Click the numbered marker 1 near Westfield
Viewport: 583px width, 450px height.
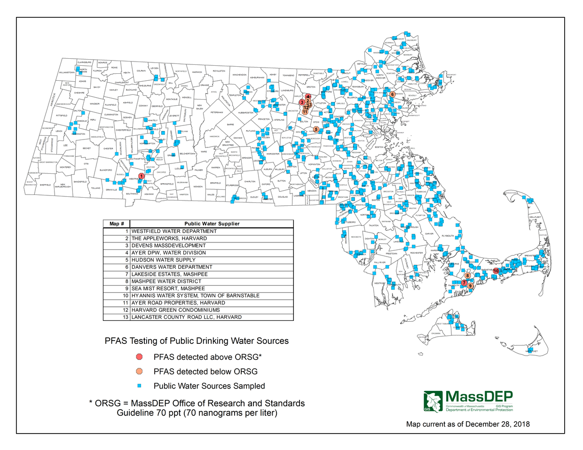click(x=142, y=176)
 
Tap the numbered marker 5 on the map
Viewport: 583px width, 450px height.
click(x=316, y=129)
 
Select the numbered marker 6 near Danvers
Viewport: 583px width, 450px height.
click(x=392, y=94)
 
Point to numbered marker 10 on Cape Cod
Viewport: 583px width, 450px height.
click(x=496, y=271)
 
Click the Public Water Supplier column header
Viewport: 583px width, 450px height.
click(x=212, y=224)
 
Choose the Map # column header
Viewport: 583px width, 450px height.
click(x=117, y=224)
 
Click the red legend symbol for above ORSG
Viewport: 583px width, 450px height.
click(x=139, y=357)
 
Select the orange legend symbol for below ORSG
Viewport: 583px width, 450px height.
click(x=139, y=372)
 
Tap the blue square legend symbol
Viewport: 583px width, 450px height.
click(x=139, y=386)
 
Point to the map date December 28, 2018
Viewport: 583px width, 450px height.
click(x=468, y=424)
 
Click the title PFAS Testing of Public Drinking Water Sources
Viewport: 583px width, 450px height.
click(x=197, y=341)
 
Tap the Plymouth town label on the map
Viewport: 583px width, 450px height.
click(x=448, y=236)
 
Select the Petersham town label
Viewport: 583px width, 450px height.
click(x=217, y=113)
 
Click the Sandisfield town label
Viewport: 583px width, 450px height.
click(x=80, y=182)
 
